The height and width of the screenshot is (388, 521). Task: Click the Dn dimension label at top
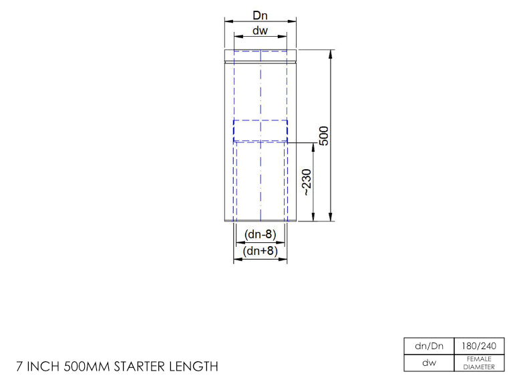(260, 15)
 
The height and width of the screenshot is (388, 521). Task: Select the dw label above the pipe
(260, 31)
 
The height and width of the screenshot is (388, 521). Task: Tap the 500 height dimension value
(324, 135)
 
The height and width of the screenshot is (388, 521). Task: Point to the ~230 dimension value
(307, 182)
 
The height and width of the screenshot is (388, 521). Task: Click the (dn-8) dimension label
(260, 234)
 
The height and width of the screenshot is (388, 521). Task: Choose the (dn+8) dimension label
(260, 251)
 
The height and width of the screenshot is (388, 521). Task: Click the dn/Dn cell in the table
(429, 346)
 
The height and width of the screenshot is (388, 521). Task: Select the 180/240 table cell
(479, 346)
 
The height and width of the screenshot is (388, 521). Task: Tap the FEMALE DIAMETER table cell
(479, 363)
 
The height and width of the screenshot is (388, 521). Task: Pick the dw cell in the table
(429, 363)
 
